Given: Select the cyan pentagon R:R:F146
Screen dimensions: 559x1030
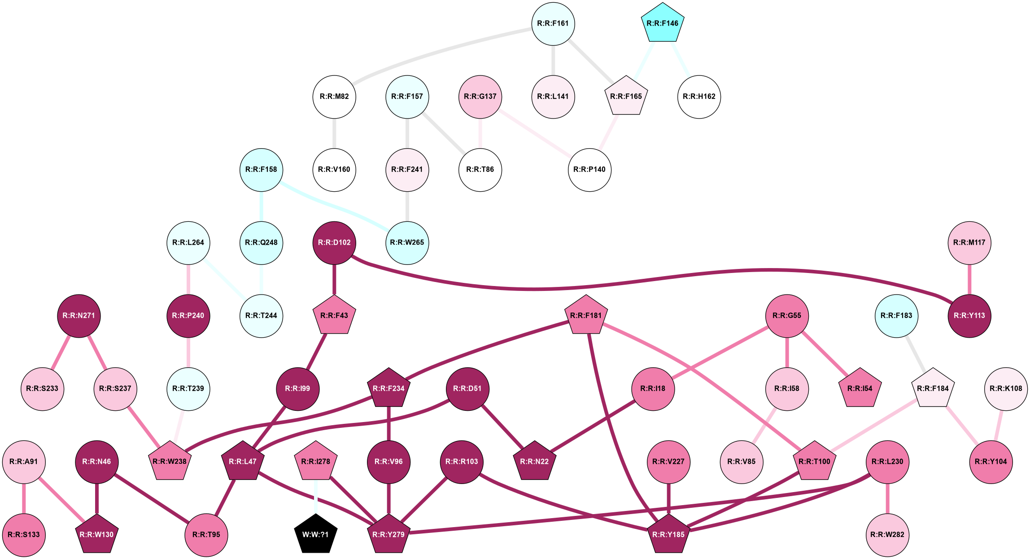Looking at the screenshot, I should coord(663,23).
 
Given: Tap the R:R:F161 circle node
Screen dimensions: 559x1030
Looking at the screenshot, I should coord(553,23).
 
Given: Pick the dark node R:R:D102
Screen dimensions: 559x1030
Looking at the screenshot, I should coord(334,242).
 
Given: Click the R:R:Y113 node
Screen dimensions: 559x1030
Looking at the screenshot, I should coord(969,316).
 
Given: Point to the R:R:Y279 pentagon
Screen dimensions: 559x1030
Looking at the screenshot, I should coord(388,534).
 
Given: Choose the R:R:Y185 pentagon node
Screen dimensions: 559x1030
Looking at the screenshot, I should coord(668,534).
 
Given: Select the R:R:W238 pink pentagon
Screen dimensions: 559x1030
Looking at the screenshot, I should coord(170,461).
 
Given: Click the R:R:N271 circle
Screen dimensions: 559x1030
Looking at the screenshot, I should coord(79,316).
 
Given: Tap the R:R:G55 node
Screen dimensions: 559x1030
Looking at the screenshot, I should coord(787,316).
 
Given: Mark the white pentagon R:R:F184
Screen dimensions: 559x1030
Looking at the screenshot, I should coord(933,388).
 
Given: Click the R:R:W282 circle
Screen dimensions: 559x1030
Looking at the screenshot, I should coord(887,534).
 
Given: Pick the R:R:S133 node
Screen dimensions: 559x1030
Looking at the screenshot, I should coord(24,534).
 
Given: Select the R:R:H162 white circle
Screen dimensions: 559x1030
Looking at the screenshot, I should coord(699,97).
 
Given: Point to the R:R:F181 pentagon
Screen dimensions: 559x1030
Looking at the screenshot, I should coord(586,316).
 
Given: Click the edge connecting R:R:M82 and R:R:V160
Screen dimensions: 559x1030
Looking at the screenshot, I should coord(334,133).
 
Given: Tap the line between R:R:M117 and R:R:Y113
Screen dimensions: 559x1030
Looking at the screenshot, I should coord(969,279).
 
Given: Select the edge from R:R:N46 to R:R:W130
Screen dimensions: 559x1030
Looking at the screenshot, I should coord(97,498).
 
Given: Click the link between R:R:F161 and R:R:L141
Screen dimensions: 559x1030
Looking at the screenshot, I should coord(553,60).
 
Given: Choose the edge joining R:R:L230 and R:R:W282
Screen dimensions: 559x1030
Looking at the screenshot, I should coord(887,498).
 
